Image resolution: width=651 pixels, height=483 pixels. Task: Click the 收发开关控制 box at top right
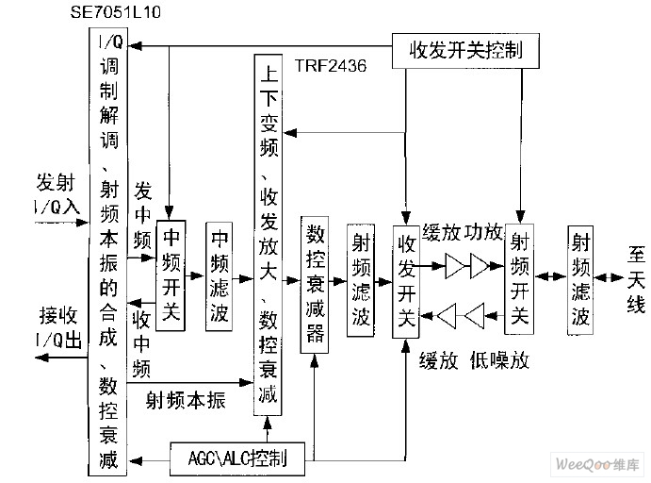click(465, 49)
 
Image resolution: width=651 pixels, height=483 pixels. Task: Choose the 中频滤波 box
click(220, 275)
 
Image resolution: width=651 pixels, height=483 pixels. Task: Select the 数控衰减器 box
click(315, 285)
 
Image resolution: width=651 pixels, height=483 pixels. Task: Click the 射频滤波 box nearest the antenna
click(581, 279)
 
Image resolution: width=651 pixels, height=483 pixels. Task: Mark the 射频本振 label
click(187, 400)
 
